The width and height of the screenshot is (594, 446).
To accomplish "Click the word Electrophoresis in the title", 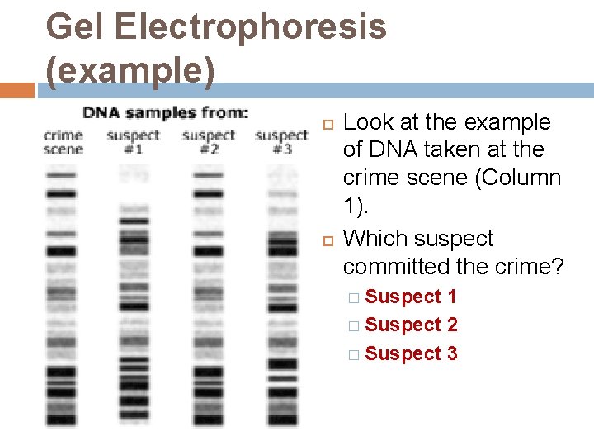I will click(x=251, y=27).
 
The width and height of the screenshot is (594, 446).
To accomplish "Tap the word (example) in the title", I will click(x=130, y=72).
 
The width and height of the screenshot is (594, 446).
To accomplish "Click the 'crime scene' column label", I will click(x=63, y=142).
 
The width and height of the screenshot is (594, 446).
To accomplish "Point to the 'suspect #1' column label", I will click(x=133, y=142).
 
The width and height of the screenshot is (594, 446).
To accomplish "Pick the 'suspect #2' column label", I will click(x=208, y=142).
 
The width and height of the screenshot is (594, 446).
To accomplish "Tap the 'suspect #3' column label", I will click(x=281, y=142).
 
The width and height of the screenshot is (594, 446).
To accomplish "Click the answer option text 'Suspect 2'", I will click(x=411, y=325).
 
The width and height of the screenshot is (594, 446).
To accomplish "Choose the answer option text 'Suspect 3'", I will click(x=411, y=353).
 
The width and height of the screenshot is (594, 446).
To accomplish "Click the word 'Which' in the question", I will click(x=373, y=239).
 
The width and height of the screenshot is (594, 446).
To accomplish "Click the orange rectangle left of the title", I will click(x=17, y=90).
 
